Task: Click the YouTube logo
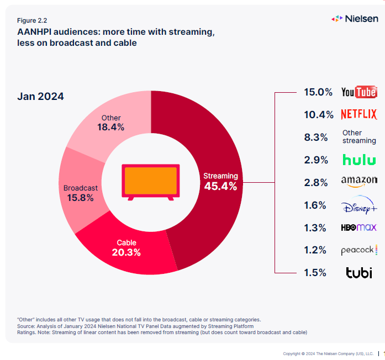pos(359,92)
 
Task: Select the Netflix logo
pos(359,115)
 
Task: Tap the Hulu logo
pos(359,160)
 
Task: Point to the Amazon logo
pos(359,181)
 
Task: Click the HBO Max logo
pos(359,227)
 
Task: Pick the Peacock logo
pos(359,250)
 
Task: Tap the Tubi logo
pos(359,272)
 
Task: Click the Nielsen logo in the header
pos(355,19)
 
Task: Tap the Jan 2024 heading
pos(40,97)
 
